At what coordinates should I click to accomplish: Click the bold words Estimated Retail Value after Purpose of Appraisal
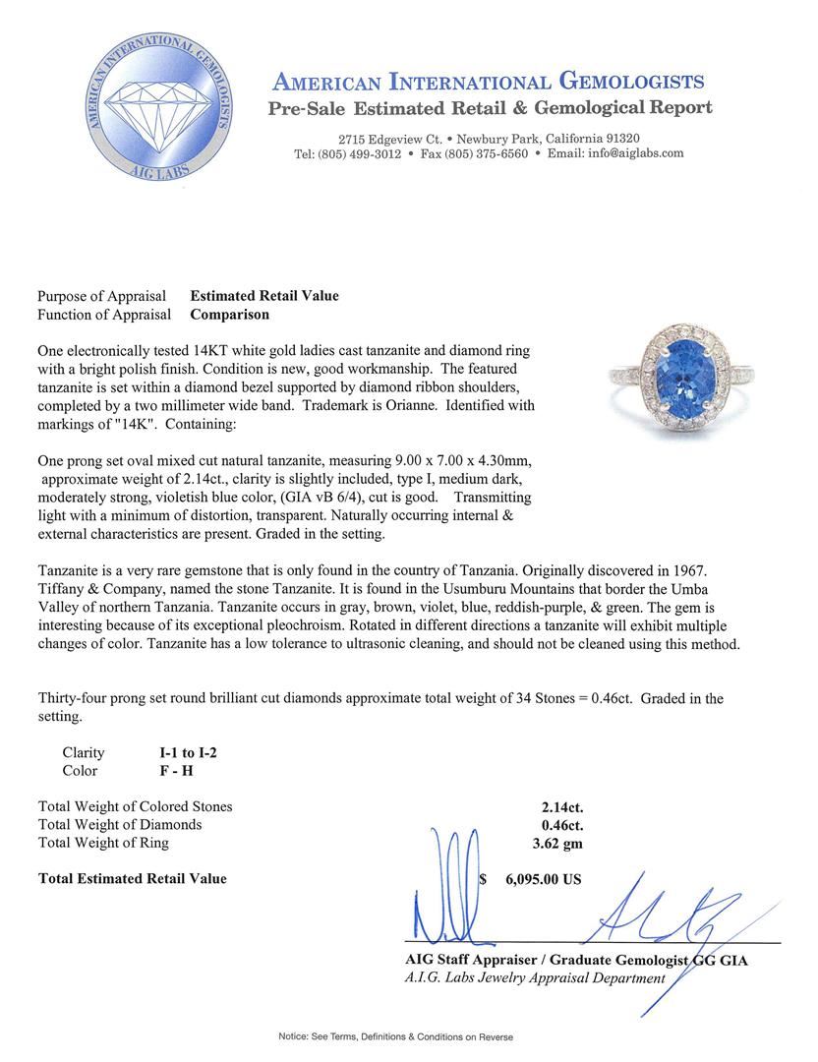coord(264,295)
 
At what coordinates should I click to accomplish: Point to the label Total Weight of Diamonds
coord(120,824)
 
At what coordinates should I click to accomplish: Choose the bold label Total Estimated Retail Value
coord(132,878)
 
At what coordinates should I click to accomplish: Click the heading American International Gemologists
coord(487,82)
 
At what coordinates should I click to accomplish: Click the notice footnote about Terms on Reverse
coord(395,1036)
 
